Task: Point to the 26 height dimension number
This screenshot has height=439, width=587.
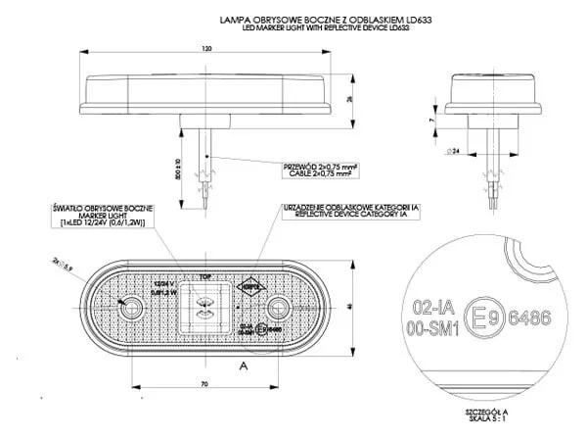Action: coord(350,98)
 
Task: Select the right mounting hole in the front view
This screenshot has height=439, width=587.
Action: coord(280,310)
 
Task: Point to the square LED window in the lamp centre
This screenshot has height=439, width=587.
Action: coord(206,307)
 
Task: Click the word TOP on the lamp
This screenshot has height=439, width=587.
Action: coord(205,277)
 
